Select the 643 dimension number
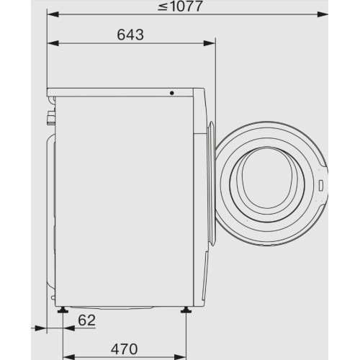tap(130, 34)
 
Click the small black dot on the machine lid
tap(172, 92)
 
